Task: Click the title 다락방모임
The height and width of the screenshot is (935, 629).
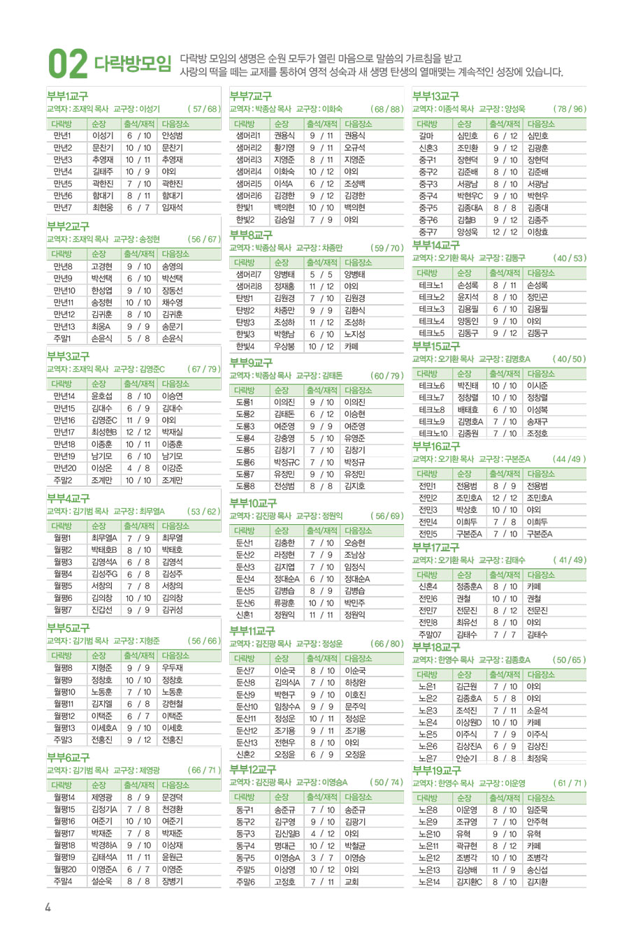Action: tap(132, 64)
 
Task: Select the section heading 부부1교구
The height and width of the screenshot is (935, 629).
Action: tap(68, 96)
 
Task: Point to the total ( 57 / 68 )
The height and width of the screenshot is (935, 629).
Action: tap(204, 109)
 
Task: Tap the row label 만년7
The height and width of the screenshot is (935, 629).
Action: tap(62, 208)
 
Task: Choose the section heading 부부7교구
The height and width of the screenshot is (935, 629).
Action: tap(250, 96)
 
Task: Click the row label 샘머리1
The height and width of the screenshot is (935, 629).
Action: tap(248, 136)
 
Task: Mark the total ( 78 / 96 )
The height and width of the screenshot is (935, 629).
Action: tap(570, 109)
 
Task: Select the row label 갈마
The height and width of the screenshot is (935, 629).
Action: tap(426, 136)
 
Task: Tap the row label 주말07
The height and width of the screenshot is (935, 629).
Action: tap(429, 635)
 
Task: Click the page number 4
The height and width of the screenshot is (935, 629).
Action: tap(48, 907)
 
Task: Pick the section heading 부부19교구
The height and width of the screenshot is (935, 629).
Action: tap(436, 771)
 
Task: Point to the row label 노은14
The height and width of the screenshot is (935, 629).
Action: tap(428, 882)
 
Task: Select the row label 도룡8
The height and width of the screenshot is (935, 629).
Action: tap(245, 486)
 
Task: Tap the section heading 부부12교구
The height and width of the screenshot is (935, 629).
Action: tap(253, 769)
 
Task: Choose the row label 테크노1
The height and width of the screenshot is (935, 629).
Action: tap(431, 285)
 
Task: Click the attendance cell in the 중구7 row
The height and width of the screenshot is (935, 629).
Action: tap(505, 232)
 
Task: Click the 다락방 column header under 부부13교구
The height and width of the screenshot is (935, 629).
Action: tap(427, 124)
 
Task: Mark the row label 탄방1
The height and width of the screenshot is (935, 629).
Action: tap(245, 298)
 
